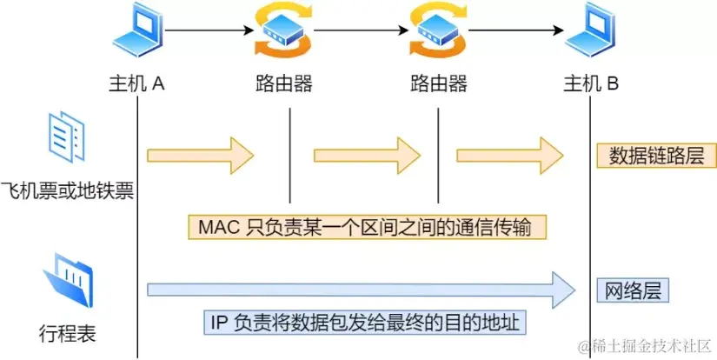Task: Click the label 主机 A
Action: coord(136,84)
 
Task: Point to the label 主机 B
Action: coord(591,84)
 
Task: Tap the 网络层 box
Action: coord(632,290)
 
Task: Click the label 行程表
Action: coord(68,332)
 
